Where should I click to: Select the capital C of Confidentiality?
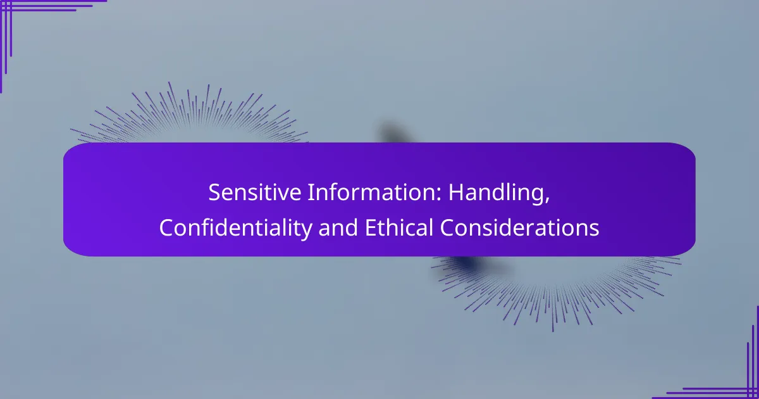[x=166, y=228]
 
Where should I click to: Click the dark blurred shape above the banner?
[x=392, y=135]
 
